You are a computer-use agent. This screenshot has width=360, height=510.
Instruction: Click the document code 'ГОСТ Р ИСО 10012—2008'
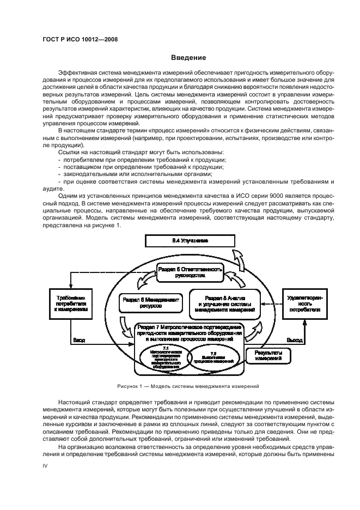[80, 39]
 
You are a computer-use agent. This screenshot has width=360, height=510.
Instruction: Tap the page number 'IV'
[46, 466]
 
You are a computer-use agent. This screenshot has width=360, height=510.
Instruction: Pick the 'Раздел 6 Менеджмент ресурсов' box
[150, 303]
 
